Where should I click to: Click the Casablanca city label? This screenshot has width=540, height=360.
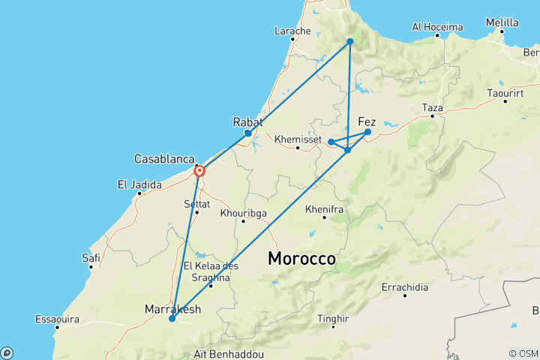[x=164, y=159]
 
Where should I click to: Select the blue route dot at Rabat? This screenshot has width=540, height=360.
[x=248, y=133]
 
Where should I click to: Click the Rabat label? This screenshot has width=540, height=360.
[x=247, y=121]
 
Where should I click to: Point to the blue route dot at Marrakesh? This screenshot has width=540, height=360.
[x=172, y=319]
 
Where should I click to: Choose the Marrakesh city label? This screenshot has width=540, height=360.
[x=172, y=307]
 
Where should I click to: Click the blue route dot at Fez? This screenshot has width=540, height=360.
[x=367, y=132]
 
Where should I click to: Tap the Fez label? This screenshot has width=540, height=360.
[x=367, y=121]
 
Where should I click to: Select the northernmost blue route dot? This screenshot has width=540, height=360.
[x=350, y=41]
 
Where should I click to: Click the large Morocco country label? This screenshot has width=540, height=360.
[x=302, y=259]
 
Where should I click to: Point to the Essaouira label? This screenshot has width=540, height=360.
[x=57, y=319]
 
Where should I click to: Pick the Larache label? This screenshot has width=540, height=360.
[x=292, y=31]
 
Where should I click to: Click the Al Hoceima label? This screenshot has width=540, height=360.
[x=437, y=27]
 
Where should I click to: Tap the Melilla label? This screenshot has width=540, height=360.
[x=502, y=23]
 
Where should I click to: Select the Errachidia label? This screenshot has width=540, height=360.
[x=404, y=287]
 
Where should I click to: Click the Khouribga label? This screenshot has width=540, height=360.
[x=244, y=213]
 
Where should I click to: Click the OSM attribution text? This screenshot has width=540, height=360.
[x=523, y=353]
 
